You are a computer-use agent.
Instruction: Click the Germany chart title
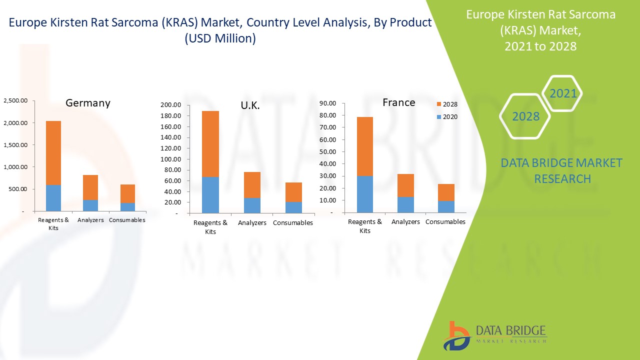[x=88, y=103]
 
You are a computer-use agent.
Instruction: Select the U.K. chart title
[x=249, y=106]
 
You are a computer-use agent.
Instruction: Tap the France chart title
[x=398, y=102]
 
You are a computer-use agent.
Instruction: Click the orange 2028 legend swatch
[x=438, y=104]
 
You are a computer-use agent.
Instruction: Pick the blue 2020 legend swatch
[x=438, y=117]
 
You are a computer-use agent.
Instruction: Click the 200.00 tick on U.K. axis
[x=171, y=105]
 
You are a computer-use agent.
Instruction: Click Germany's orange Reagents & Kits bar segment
[x=53, y=152]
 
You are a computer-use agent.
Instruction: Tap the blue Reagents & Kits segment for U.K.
[x=210, y=195]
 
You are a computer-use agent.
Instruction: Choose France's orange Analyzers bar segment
[x=405, y=185]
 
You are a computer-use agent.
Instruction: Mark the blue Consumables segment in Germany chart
[x=127, y=207]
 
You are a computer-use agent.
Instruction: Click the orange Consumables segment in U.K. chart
[x=293, y=192]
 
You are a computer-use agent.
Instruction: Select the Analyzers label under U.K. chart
[x=252, y=223]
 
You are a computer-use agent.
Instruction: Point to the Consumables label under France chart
[x=445, y=221]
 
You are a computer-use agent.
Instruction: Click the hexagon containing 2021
[x=563, y=93]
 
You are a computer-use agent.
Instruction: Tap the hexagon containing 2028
[x=525, y=116]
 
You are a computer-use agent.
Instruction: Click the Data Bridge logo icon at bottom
[x=455, y=335]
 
